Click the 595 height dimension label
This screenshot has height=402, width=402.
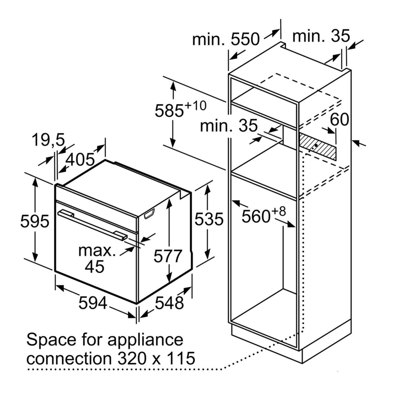point(35,221)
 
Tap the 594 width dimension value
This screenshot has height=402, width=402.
point(93,303)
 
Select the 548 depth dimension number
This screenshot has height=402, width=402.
point(169,303)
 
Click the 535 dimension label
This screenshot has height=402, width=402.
point(209,219)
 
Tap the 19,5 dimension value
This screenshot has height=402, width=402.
point(48,140)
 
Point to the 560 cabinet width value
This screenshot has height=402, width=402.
point(256,216)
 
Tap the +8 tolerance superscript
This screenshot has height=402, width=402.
point(279,211)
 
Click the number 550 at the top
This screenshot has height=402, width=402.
point(245,39)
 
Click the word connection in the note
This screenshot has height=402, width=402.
point(69,358)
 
